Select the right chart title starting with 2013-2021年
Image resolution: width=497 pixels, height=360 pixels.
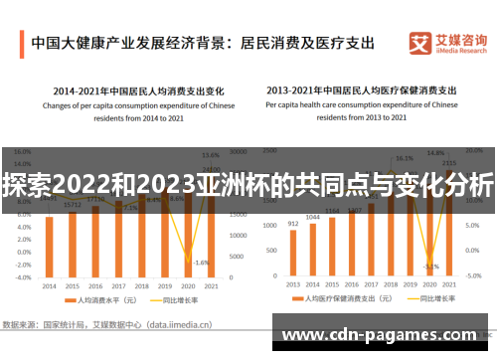click(362, 87)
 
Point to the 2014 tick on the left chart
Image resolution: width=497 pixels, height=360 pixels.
click(49, 284)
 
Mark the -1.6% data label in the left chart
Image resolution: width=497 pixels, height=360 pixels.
click(202, 263)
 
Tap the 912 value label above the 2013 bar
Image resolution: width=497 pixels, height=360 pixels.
click(293, 224)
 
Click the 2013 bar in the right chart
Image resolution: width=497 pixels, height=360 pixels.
click(293, 253)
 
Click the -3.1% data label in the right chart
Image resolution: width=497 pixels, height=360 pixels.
click(430, 267)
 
